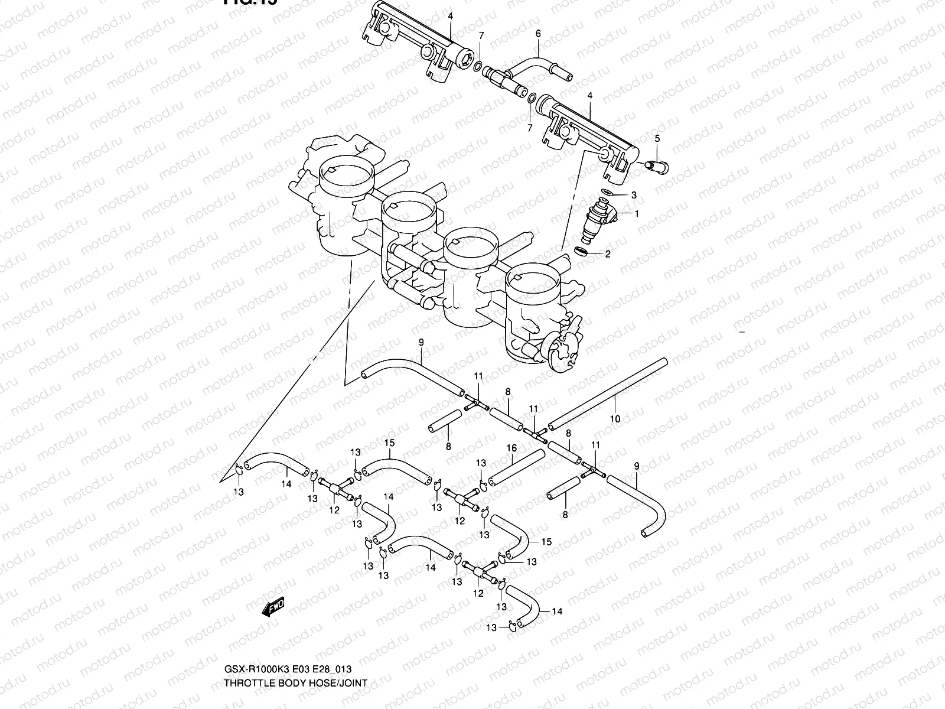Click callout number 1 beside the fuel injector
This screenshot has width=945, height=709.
click(637, 213)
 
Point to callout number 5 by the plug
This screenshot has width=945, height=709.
click(656, 138)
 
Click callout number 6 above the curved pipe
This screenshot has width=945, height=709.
click(538, 34)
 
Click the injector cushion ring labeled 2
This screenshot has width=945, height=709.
click(582, 252)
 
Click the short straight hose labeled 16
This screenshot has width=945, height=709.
click(516, 467)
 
